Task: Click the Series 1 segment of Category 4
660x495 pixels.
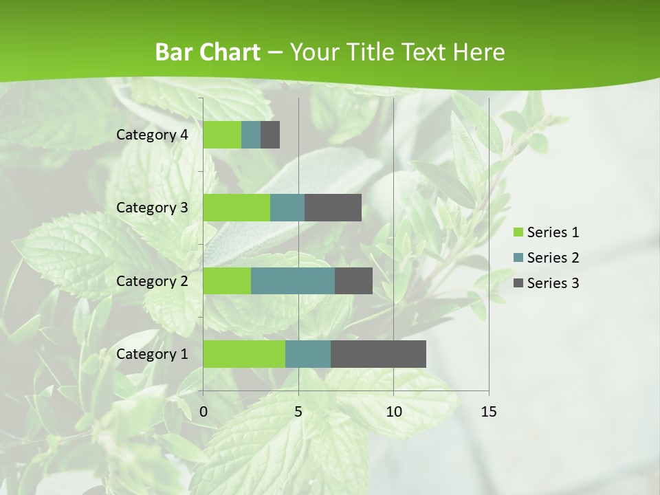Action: pos(222,135)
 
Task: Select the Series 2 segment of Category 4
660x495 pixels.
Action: pos(251,135)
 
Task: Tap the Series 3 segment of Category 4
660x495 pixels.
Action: pos(270,135)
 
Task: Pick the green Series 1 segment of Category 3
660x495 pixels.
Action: pos(236,208)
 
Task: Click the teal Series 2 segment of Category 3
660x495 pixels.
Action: pos(287,208)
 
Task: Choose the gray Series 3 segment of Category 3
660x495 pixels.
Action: pos(333,208)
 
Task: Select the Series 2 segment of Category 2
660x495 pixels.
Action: pos(293,281)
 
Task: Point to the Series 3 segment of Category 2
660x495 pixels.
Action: pos(353,281)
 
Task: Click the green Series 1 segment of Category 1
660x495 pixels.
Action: pos(244,354)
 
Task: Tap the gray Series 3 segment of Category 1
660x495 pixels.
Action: pos(378,354)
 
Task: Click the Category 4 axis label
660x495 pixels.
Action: pos(152,135)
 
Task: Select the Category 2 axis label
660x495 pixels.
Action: pos(152,281)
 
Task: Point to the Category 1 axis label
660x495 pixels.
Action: pos(152,354)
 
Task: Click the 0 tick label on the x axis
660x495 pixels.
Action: pos(203,412)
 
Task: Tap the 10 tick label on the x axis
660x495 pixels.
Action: pos(393,412)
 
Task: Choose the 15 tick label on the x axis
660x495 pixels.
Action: pos(489,412)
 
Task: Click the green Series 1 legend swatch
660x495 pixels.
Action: pos(518,232)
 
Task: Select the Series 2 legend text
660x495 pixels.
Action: pos(553,258)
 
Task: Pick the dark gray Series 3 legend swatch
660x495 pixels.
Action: pos(518,283)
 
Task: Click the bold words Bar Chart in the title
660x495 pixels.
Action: pos(208,52)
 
